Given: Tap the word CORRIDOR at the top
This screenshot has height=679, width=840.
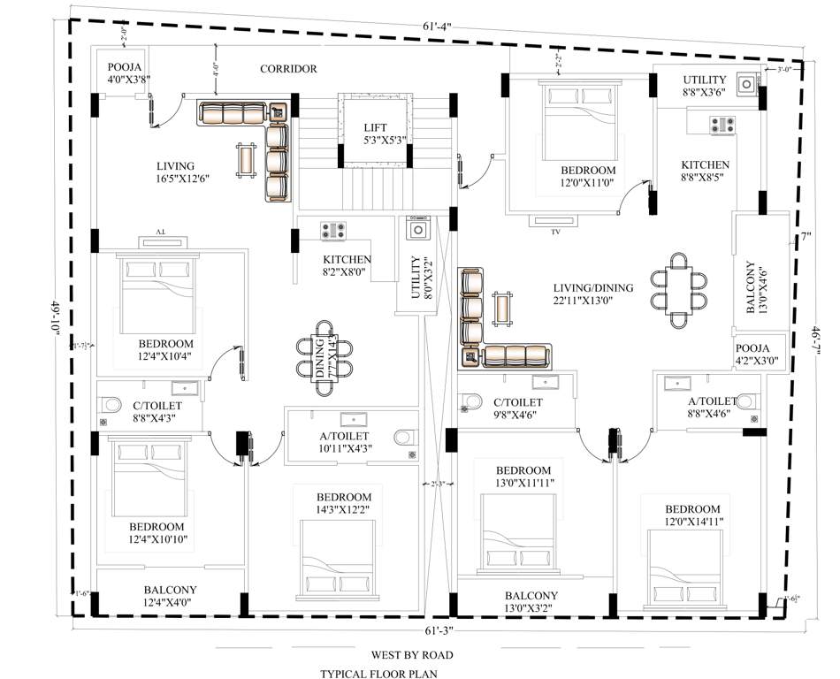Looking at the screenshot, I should pos(288,69).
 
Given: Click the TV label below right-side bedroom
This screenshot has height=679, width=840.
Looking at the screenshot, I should pos(555,233).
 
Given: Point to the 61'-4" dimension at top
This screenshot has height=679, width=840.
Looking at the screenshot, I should pos(437,27).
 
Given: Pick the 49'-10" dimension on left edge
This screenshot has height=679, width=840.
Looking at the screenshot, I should pos(57,318).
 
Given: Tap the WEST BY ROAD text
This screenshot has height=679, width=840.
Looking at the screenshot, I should pos(411,655).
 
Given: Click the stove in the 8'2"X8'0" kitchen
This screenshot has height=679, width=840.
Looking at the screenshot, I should pos(333,231).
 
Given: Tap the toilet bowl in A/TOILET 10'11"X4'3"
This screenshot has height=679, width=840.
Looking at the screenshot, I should pos(403,436).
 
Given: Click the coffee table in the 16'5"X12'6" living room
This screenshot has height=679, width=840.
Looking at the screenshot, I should pos(245,159).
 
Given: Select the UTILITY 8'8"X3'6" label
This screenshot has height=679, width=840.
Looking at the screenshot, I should pos(705,85).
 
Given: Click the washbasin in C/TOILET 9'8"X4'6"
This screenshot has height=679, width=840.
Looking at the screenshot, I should pos(545,383).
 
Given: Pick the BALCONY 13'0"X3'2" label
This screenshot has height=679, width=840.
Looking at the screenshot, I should pos(531,601).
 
